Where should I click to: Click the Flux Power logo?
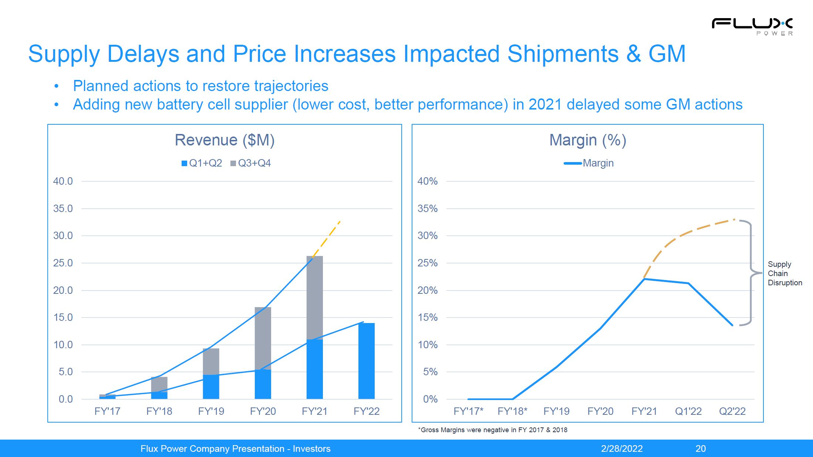(752, 26)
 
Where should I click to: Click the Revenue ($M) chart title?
(225, 140)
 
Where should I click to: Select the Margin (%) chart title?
(587, 140)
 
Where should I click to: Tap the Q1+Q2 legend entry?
(202, 163)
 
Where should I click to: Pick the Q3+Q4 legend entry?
(250, 163)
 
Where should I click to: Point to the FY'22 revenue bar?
(366, 361)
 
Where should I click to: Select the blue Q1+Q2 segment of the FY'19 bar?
(211, 387)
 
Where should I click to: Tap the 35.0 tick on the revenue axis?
(63, 209)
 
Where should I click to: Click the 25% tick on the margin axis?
(428, 263)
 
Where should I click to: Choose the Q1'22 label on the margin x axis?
(688, 411)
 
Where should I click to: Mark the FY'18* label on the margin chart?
(512, 411)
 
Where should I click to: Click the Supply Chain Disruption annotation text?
(785, 273)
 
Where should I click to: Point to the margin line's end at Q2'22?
(732, 325)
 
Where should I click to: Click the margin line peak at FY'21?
(644, 279)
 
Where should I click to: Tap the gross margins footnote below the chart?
(492, 430)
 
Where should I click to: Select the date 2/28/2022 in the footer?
(622, 449)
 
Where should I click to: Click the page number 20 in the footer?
(701, 449)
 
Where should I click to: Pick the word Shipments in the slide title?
(563, 54)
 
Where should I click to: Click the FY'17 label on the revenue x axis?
(107, 411)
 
